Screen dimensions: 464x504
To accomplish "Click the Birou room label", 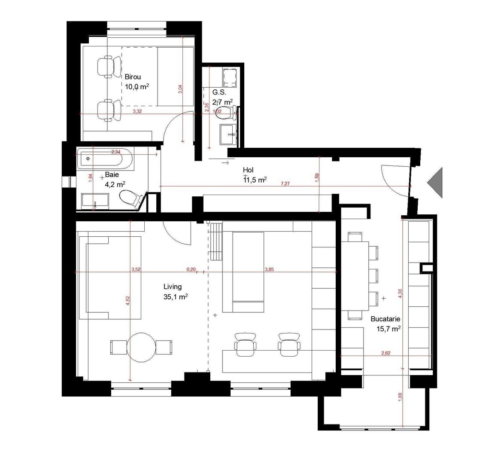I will click(133, 77).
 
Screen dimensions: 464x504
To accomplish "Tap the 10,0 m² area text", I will click(137, 86).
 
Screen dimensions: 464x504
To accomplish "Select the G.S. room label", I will click(219, 92).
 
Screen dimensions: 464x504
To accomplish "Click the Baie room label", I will click(112, 175).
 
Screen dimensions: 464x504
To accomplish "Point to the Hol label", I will click(248, 170).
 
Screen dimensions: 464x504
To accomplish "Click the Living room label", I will click(173, 287).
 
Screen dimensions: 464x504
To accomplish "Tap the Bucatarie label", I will click(386, 319).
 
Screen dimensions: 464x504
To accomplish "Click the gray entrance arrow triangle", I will click(435, 183).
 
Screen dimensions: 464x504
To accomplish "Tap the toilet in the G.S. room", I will click(226, 113).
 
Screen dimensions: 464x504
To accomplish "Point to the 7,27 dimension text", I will click(284, 183).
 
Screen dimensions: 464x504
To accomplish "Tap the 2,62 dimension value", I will click(385, 353).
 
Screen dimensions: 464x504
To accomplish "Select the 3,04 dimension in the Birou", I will click(180, 89).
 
